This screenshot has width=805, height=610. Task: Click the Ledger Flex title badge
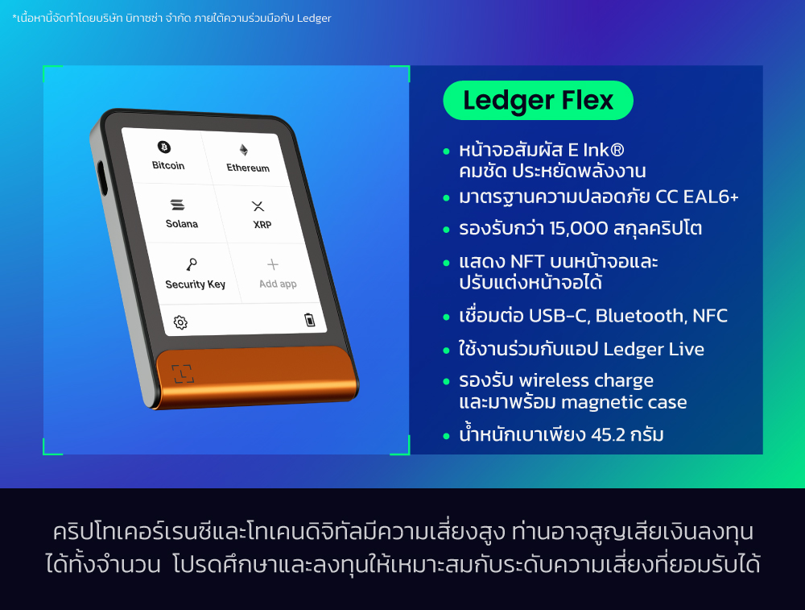tap(538, 101)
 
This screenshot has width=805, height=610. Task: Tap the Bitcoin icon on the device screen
tap(164, 147)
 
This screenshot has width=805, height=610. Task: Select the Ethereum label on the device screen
tap(248, 168)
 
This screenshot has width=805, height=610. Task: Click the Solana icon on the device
tap(178, 206)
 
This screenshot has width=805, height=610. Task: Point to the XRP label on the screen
tap(262, 225)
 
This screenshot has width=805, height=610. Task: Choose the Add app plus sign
tap(273, 264)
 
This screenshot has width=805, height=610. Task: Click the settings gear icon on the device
tap(180, 322)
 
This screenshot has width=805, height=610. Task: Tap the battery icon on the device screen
tap(310, 320)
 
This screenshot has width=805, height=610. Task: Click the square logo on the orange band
tap(183, 373)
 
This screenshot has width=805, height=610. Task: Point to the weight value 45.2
tap(613, 435)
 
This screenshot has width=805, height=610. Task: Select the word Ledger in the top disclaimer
tap(314, 18)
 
